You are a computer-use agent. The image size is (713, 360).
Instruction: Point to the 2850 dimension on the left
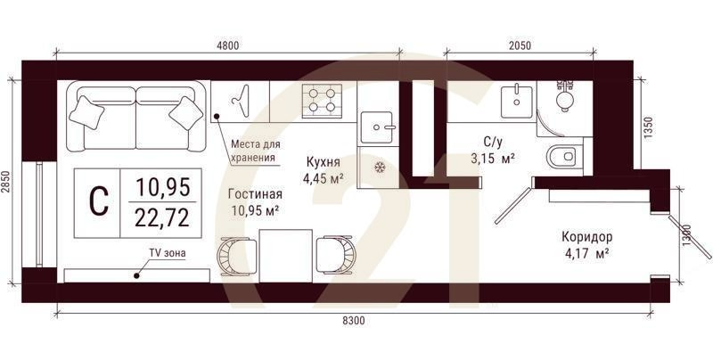point(7,182)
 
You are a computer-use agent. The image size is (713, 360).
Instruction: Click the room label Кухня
point(324,161)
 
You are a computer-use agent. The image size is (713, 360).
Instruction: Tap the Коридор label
point(586,237)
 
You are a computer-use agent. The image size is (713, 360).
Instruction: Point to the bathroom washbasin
point(515,100)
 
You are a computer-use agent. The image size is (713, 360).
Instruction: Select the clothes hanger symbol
point(240,99)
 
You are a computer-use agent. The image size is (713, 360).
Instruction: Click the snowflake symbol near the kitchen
point(379,167)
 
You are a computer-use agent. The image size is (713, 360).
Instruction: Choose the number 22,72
point(162,217)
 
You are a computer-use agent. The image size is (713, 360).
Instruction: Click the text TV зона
point(168,253)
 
